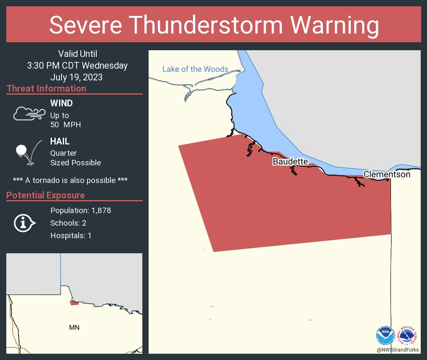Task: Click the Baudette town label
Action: [x=291, y=162]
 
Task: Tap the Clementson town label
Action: [x=387, y=174]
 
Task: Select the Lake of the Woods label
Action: [x=195, y=69]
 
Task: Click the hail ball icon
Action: [x=22, y=150]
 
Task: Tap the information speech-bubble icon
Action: [x=25, y=223]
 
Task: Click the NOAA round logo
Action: [x=386, y=335]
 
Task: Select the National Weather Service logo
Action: [x=408, y=335]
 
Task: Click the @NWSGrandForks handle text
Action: [x=398, y=350]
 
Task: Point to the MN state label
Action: [x=74, y=327]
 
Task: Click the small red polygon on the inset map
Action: [x=74, y=303]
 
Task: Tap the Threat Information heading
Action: [x=46, y=88]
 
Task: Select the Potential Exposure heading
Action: [x=46, y=195]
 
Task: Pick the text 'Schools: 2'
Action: [x=68, y=223]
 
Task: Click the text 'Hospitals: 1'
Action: [x=71, y=236]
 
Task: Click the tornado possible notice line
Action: [x=70, y=180]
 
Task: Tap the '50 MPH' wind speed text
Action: [x=65, y=125]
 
